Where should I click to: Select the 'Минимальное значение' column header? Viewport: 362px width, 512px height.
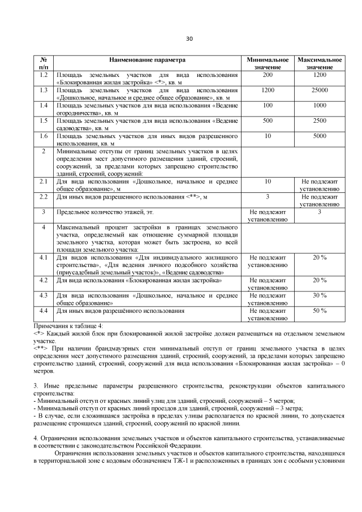pyautogui.click(x=268, y=63)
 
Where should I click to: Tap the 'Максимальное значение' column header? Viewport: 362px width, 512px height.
pyautogui.click(x=320, y=63)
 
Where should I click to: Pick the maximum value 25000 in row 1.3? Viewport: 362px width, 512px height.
pyautogui.click(x=320, y=90)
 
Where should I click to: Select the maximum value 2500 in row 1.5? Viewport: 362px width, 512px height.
pyautogui.click(x=320, y=121)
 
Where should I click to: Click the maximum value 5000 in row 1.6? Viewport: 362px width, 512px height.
pyautogui.click(x=320, y=136)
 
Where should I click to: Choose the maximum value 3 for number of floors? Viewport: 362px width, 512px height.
pyautogui.click(x=320, y=212)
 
